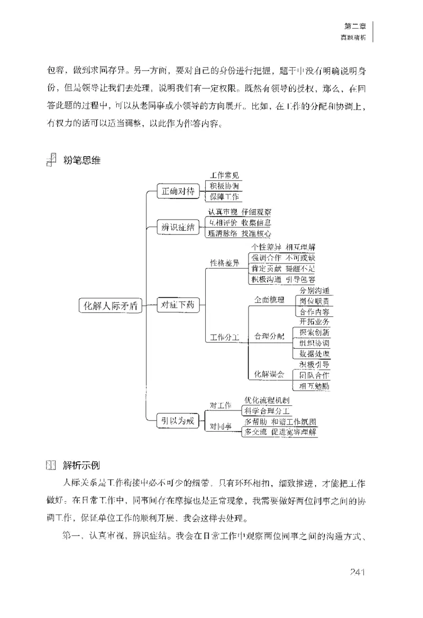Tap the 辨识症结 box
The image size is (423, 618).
178,228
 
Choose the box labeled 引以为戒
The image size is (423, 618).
178,421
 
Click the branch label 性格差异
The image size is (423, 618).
225,263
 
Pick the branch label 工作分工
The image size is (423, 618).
225,337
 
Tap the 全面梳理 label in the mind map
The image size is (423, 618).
269,300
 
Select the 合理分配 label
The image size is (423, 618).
269,336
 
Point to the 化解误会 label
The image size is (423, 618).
269,375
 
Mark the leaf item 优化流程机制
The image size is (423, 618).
267,400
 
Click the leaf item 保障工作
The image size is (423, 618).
225,197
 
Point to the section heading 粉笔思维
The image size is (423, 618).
81,160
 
